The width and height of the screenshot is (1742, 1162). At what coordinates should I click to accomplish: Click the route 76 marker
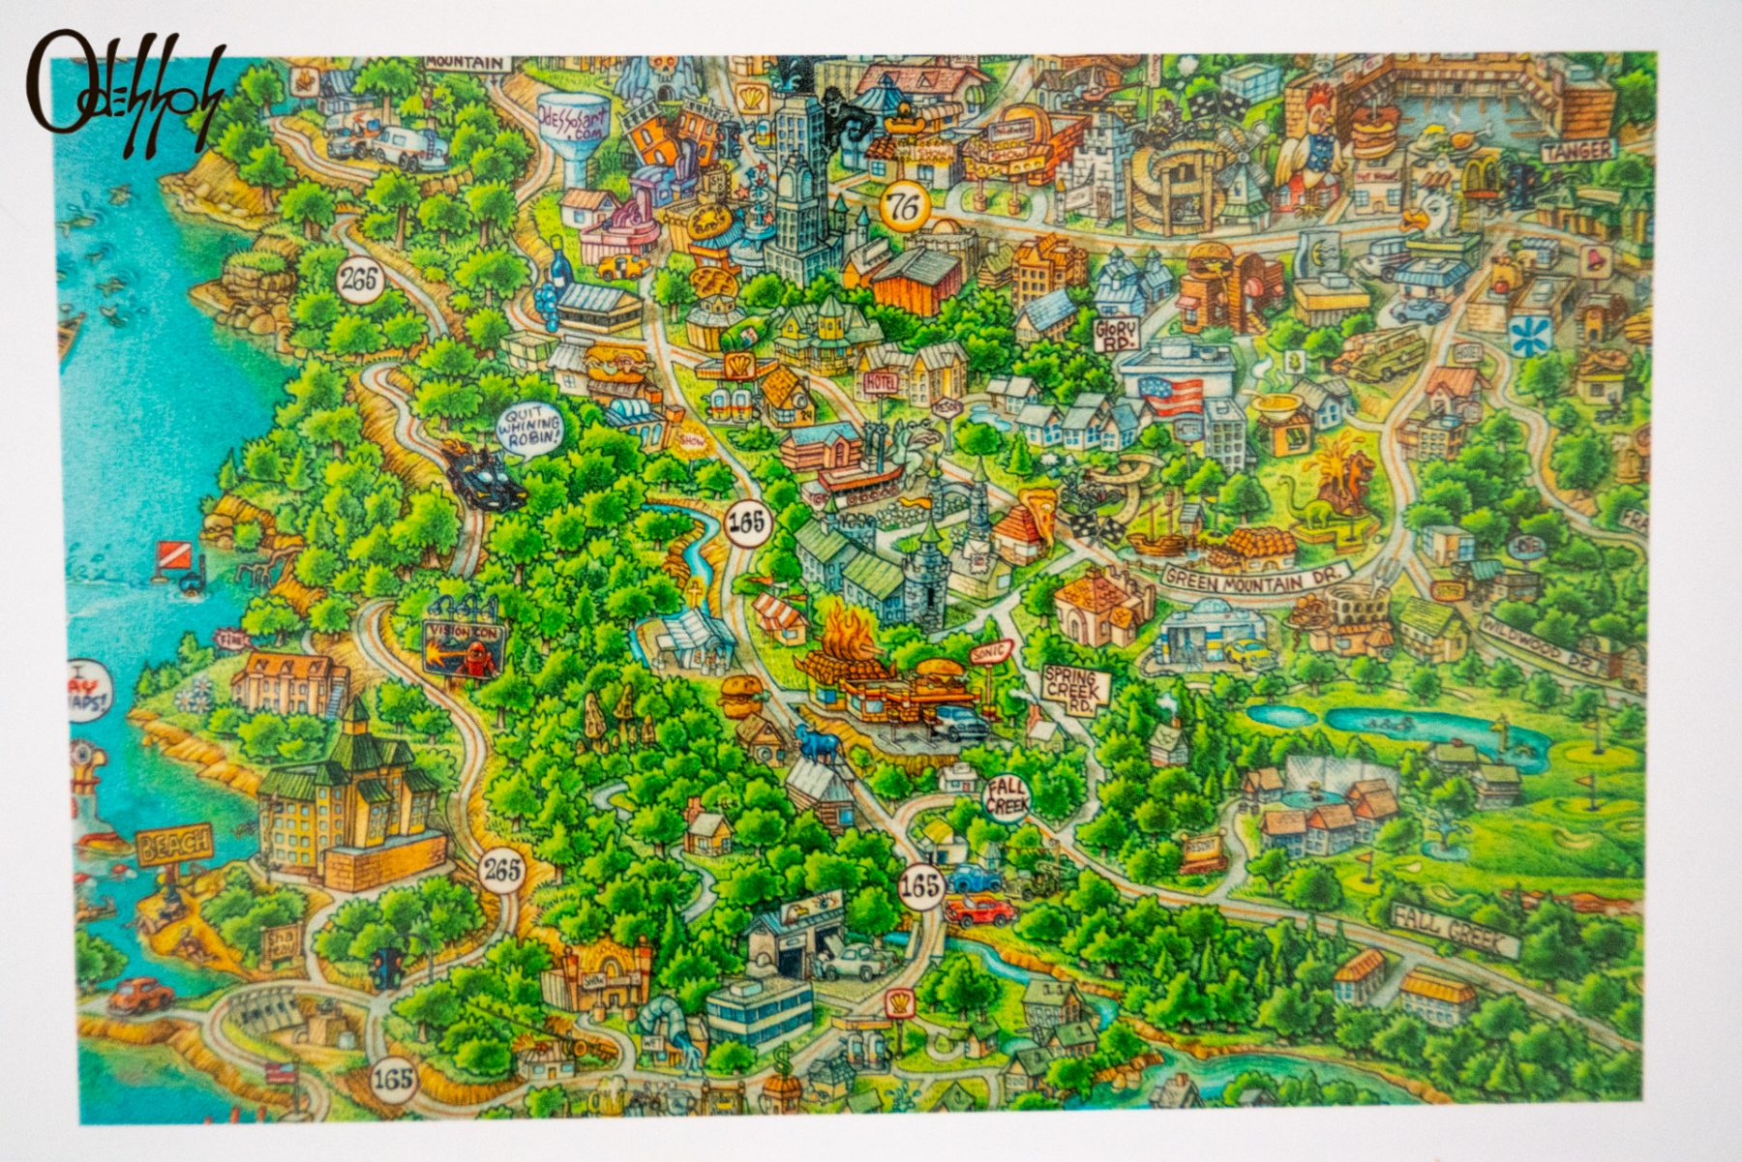tap(905, 205)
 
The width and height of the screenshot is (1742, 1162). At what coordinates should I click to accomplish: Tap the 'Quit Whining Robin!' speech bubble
tap(530, 427)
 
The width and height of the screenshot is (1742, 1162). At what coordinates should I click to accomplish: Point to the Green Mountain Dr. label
tap(1256, 575)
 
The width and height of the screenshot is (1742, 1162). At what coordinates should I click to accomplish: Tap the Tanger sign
tap(1578, 151)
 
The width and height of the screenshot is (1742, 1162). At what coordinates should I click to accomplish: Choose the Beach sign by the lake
tap(174, 844)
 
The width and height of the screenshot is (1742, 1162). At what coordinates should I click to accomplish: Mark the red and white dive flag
tap(169, 554)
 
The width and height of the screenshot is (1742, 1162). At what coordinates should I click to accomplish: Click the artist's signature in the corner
tap(124, 94)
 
